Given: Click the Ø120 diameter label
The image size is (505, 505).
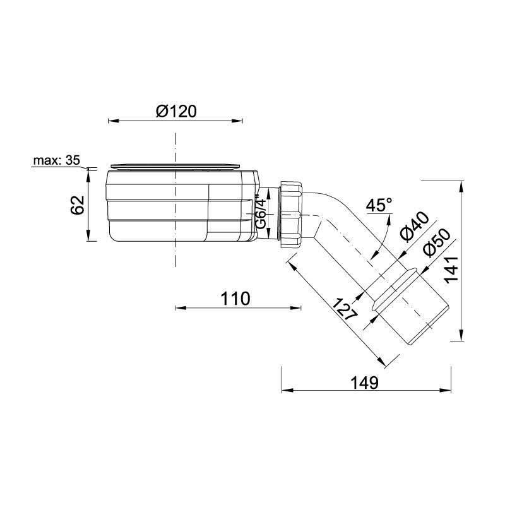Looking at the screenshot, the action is (176, 112).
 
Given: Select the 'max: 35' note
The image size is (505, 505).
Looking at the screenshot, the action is (57, 160).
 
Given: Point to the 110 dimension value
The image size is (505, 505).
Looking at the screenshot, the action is (235, 299).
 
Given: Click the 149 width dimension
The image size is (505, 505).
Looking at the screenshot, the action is (364, 383).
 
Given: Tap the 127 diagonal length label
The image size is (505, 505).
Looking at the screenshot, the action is (345, 309).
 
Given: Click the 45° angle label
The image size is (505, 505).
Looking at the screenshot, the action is (380, 205).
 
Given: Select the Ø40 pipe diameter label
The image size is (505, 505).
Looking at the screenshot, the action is (415, 227).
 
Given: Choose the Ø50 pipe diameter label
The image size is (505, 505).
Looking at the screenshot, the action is (436, 244).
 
